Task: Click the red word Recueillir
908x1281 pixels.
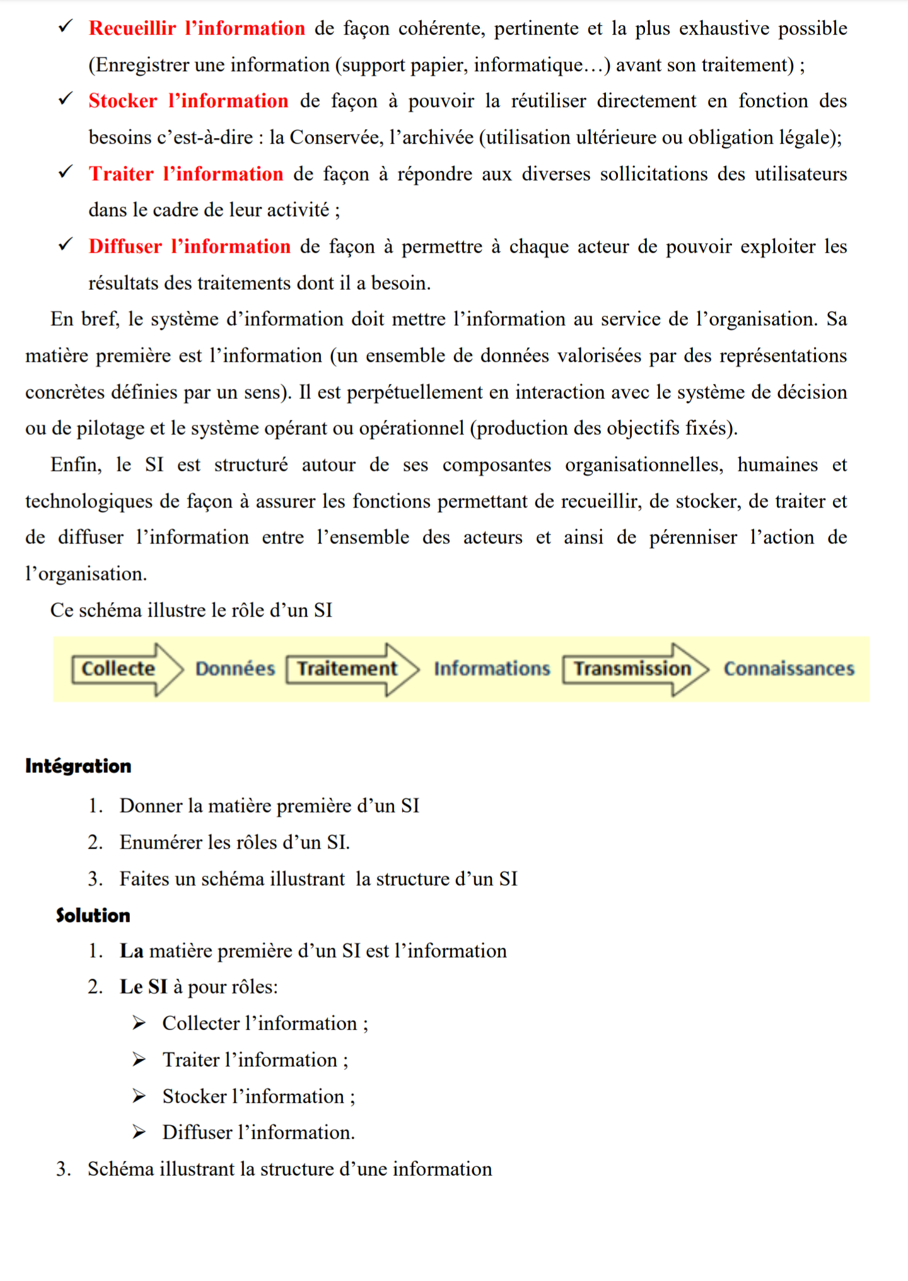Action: (x=132, y=28)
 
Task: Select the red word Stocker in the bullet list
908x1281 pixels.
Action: (x=122, y=101)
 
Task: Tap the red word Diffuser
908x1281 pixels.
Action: (x=125, y=246)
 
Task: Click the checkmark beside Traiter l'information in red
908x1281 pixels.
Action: (x=66, y=172)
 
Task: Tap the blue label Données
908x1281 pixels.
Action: (x=235, y=669)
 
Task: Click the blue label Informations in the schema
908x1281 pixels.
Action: (x=492, y=669)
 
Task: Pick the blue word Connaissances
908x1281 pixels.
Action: (x=788, y=669)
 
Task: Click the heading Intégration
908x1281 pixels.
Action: (x=78, y=766)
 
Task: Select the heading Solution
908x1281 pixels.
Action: (x=93, y=915)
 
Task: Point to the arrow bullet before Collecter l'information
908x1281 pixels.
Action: (x=139, y=1023)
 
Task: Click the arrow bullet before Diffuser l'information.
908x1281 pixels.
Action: (x=139, y=1132)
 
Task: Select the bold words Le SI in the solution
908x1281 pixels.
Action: (x=143, y=987)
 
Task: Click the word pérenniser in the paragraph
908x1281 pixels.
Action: (x=693, y=538)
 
